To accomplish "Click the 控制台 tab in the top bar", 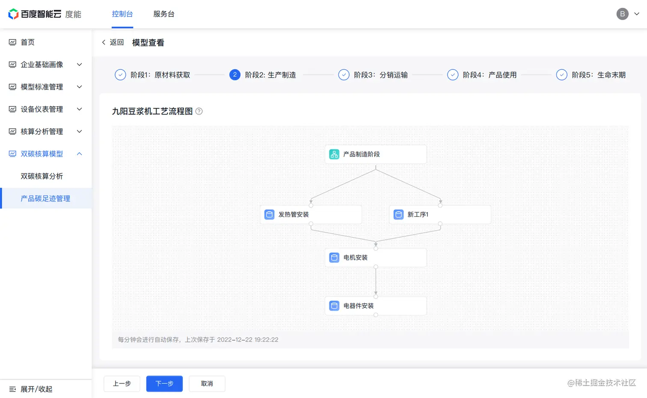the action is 122,14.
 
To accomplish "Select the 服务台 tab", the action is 164,14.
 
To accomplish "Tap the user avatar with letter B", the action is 622,14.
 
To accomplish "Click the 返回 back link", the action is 113,42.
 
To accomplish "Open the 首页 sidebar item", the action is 28,42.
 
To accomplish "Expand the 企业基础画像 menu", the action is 42,65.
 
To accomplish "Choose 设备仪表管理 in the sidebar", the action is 42,109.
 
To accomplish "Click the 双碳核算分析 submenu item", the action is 42,176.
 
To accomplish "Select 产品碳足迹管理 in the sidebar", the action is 45,199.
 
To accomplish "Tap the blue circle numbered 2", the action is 234,75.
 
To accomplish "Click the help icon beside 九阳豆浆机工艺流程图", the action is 199,111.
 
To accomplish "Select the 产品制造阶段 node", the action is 375,154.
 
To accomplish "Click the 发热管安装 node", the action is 311,214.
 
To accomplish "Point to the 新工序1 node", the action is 439,214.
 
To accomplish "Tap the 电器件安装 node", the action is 375,306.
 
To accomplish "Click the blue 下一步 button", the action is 164,383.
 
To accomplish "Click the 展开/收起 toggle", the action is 31,389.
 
